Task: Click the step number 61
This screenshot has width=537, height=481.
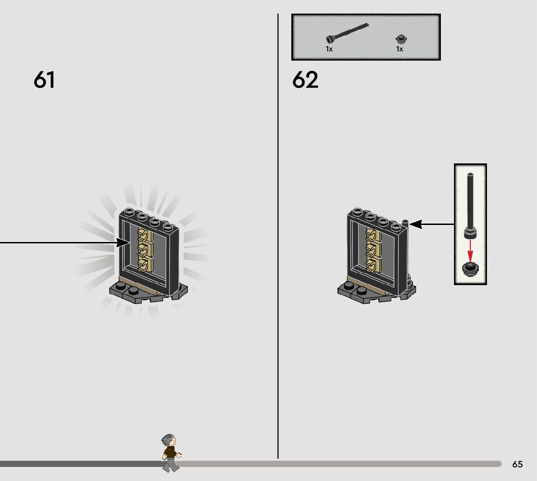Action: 44,80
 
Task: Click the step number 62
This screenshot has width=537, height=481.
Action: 305,80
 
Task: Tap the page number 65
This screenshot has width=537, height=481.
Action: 518,464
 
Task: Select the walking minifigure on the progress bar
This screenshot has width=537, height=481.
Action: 170,453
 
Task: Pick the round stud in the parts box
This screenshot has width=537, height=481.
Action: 400,39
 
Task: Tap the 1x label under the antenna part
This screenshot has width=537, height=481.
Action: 329,49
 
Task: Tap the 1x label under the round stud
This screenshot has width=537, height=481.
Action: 400,49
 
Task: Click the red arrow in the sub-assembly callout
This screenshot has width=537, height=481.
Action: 470,249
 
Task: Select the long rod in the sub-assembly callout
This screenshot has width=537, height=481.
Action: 470,204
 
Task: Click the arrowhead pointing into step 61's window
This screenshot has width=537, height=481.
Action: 124,242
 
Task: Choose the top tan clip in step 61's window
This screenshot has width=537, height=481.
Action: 144,236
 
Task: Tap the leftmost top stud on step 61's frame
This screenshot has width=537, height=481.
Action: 129,211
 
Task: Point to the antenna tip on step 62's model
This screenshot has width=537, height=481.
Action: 406,222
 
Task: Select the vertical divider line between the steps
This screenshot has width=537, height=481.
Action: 278,242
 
